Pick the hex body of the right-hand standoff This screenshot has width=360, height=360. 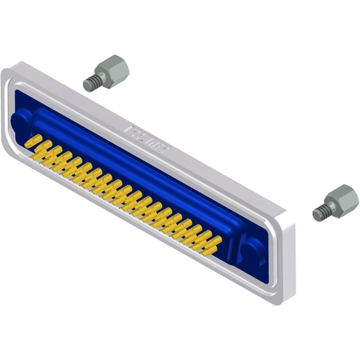[x=345, y=199]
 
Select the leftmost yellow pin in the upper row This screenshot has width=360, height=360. [x=30, y=140]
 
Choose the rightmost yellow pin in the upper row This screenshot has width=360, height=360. [x=214, y=242]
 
